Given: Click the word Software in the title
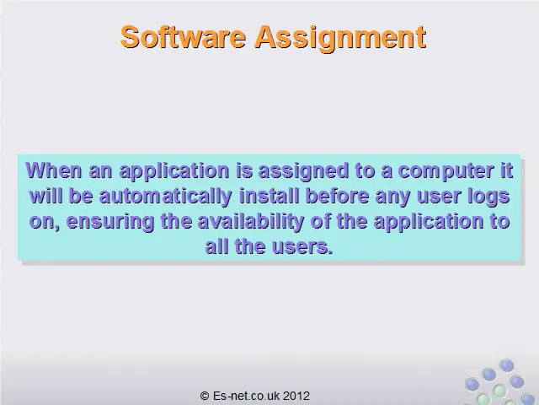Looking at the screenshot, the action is tap(184, 36).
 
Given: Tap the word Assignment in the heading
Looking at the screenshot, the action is tap(340, 39).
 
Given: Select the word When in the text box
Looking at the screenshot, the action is tap(54, 170).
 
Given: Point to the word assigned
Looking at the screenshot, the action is tap(303, 172).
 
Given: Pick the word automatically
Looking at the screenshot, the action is tap(165, 197).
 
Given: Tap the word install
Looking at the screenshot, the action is tap(269, 196).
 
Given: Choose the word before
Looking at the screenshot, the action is tap(337, 196).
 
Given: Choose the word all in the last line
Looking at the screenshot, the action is tap(217, 246).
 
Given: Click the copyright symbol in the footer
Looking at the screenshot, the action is tap(205, 396).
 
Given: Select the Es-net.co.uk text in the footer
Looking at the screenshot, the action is tap(246, 396).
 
